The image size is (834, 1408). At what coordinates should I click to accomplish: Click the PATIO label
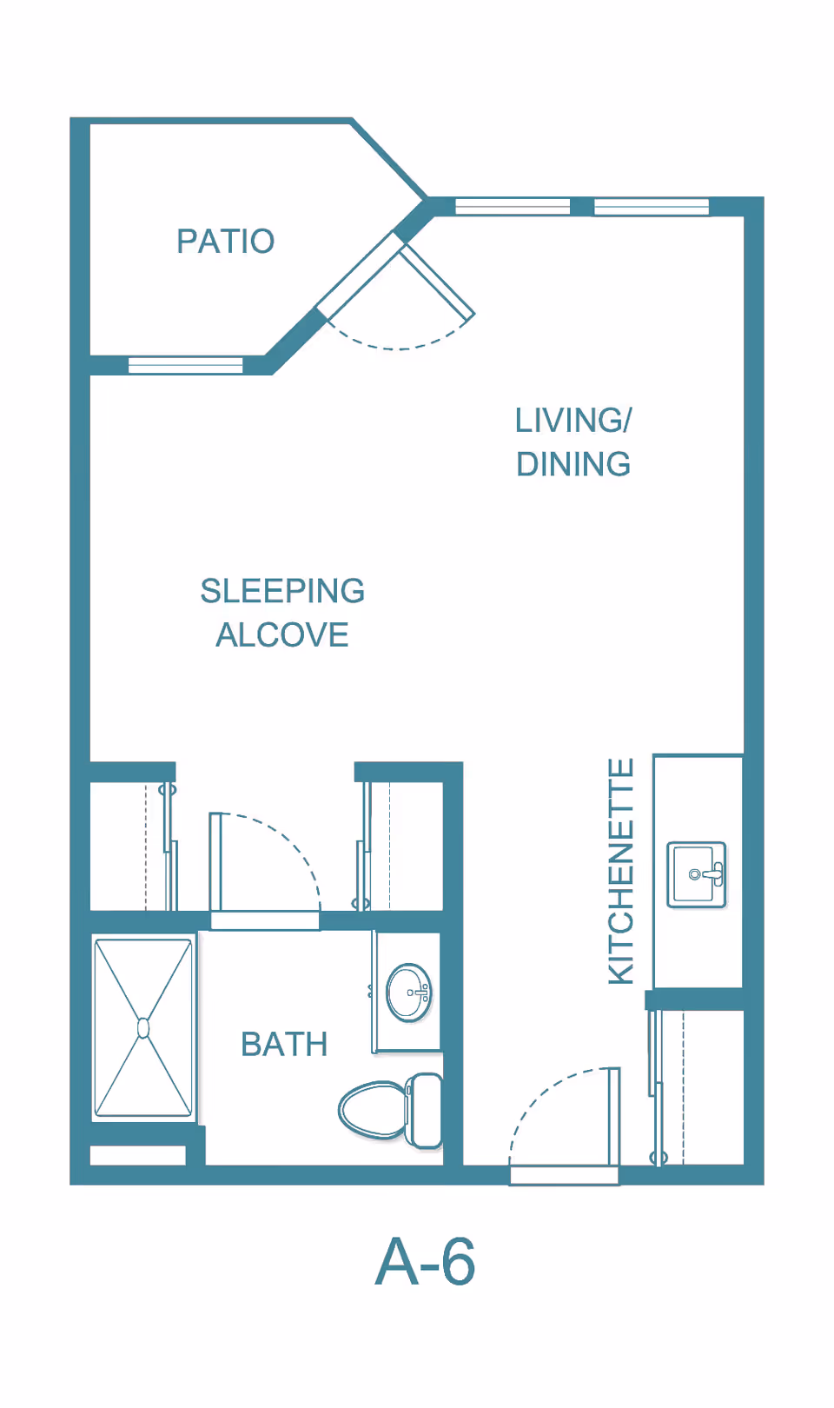tap(225, 242)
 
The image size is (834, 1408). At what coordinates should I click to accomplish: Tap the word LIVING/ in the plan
tap(573, 421)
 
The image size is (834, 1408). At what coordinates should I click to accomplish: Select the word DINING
tap(573, 464)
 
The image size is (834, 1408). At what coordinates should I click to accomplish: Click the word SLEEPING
tap(282, 591)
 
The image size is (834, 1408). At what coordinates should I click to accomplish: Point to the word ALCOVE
tap(282, 635)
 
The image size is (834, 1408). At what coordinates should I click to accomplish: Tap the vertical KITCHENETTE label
tap(621, 871)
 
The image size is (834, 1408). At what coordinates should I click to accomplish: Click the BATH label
tap(284, 1045)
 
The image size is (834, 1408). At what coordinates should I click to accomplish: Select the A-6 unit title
tap(425, 1262)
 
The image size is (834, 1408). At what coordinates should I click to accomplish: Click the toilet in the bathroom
tap(391, 1110)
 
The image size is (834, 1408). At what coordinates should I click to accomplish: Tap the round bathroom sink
tap(409, 992)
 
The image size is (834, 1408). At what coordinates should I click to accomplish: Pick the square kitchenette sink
tap(696, 874)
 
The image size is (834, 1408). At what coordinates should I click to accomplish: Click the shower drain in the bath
tap(143, 1028)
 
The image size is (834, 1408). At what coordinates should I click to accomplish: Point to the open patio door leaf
tap(438, 280)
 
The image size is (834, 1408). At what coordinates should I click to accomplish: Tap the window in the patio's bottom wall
tap(185, 365)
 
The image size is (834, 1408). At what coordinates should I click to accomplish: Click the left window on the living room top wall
tap(513, 206)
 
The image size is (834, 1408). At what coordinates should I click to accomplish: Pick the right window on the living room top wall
tap(652, 206)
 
